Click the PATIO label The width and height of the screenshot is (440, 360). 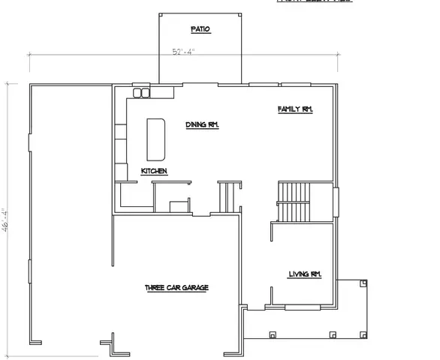(199, 29)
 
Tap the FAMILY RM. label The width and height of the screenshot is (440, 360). (294, 109)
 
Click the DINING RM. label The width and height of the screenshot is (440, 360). (202, 125)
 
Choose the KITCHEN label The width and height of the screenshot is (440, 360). (154, 172)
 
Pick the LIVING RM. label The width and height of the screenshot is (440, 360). (305, 274)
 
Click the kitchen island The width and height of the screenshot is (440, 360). (156, 139)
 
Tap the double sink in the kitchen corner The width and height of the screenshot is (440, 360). (140, 93)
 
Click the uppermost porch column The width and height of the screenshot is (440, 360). (363, 283)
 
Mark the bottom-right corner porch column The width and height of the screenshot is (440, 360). (363, 333)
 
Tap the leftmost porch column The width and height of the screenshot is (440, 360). (273, 334)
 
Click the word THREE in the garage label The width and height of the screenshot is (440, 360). (156, 288)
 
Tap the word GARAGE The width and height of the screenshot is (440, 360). (196, 288)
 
